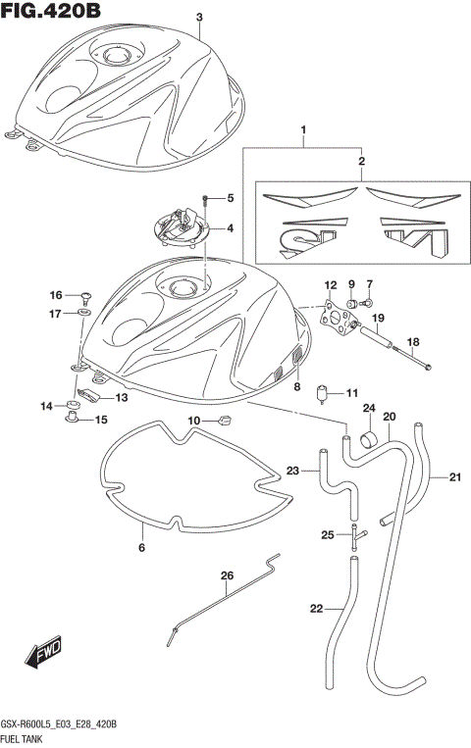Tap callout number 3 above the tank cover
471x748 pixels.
pyautogui.click(x=199, y=18)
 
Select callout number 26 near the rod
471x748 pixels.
pyautogui.click(x=227, y=575)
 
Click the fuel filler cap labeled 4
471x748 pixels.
pyautogui.click(x=183, y=228)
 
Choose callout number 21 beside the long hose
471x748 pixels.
pyautogui.click(x=454, y=478)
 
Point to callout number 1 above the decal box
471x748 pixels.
pyautogui.click(x=303, y=130)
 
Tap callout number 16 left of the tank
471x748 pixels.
pyautogui.click(x=57, y=294)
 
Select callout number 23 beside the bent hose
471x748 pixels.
pyautogui.click(x=291, y=472)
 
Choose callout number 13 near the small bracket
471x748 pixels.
pyautogui.click(x=122, y=398)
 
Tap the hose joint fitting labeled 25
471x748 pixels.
pyautogui.click(x=356, y=534)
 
